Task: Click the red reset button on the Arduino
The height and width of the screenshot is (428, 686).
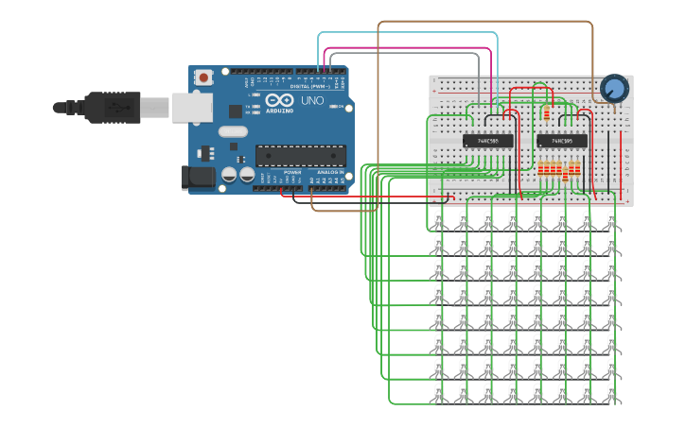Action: pos(203,78)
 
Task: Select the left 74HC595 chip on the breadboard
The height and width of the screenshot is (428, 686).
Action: pos(488,141)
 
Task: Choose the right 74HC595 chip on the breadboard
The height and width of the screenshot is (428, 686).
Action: pos(562,141)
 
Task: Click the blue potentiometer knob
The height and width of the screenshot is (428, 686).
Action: pos(614,89)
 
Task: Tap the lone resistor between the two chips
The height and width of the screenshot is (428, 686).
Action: pos(546,113)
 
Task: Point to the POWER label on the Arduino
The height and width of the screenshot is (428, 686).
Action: pos(292,173)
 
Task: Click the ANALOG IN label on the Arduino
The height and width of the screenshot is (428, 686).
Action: pos(330,173)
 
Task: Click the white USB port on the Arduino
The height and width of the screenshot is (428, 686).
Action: pos(190,107)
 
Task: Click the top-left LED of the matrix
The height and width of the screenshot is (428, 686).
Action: pos(439,221)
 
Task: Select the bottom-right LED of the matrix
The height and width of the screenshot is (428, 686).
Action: pos(612,393)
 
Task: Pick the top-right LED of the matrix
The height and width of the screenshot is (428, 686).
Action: pos(612,221)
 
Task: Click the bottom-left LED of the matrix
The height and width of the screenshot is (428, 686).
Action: pos(439,393)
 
